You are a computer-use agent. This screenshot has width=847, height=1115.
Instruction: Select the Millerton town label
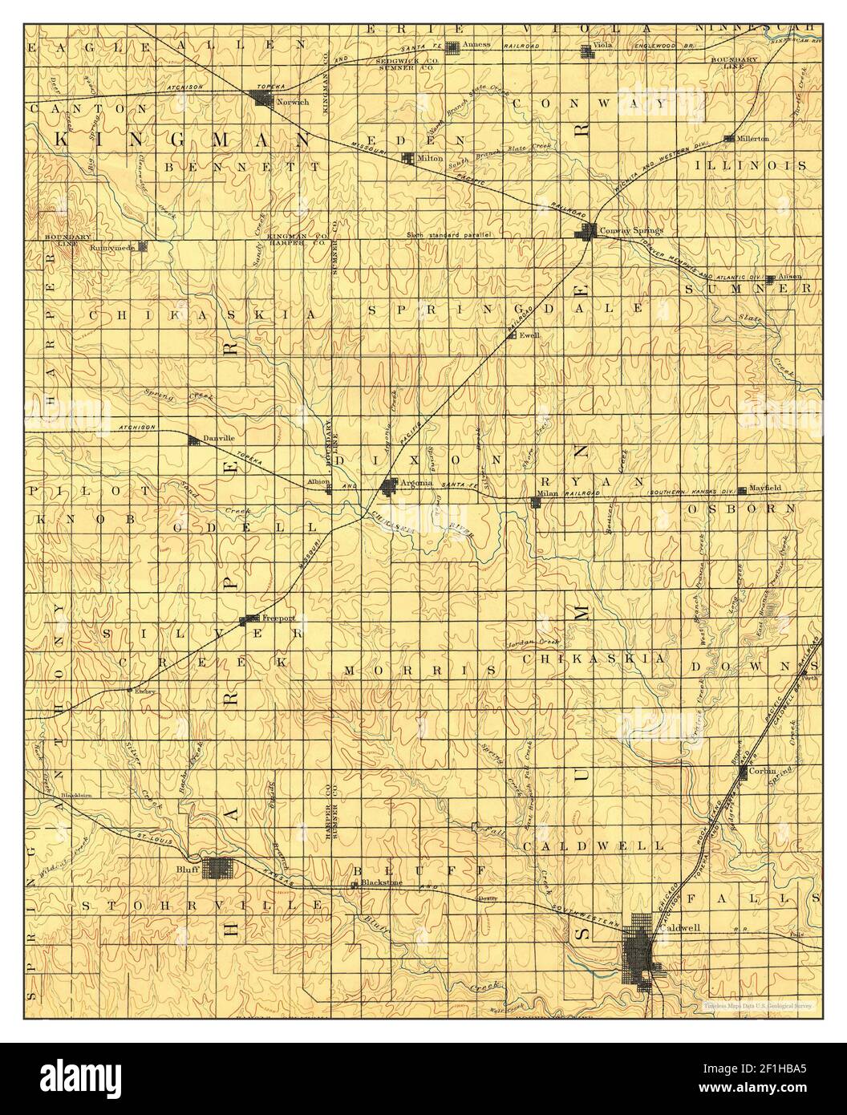(753, 138)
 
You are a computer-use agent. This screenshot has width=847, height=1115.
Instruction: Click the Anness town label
(476, 44)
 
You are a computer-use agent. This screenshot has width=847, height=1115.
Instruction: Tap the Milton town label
(430, 158)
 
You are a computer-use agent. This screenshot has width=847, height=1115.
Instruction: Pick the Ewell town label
(528, 335)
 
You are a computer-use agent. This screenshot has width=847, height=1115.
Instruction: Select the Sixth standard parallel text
(448, 234)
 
